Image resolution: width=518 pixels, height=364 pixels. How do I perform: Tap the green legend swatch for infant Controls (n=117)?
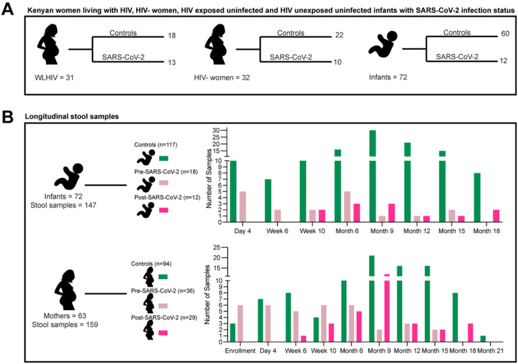tap(164, 158)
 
